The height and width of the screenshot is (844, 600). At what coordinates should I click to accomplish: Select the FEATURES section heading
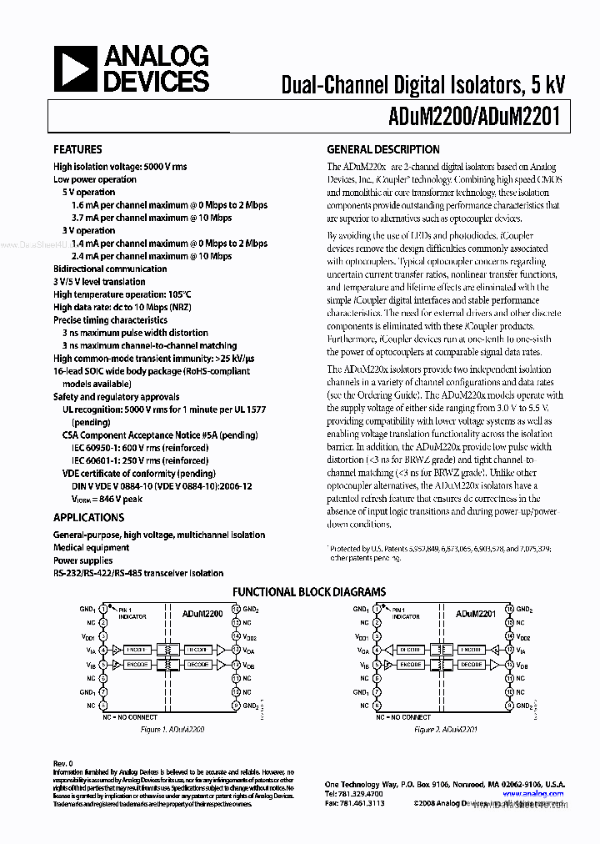coord(77,149)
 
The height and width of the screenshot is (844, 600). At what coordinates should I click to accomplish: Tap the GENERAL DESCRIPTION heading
coord(382,149)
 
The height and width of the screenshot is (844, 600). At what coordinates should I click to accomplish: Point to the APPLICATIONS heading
coord(83,517)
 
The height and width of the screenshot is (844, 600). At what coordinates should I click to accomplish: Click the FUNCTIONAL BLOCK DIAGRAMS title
coord(308,592)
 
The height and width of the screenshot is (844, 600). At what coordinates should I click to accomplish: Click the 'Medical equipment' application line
coord(91,548)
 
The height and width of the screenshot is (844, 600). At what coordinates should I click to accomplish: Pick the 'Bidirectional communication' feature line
coord(110,269)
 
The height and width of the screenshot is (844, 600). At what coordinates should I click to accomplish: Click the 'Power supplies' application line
coord(82,560)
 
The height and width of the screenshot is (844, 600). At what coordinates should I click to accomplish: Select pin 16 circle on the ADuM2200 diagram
coord(237,610)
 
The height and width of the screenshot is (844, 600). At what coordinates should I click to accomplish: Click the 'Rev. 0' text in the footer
coord(63,763)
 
